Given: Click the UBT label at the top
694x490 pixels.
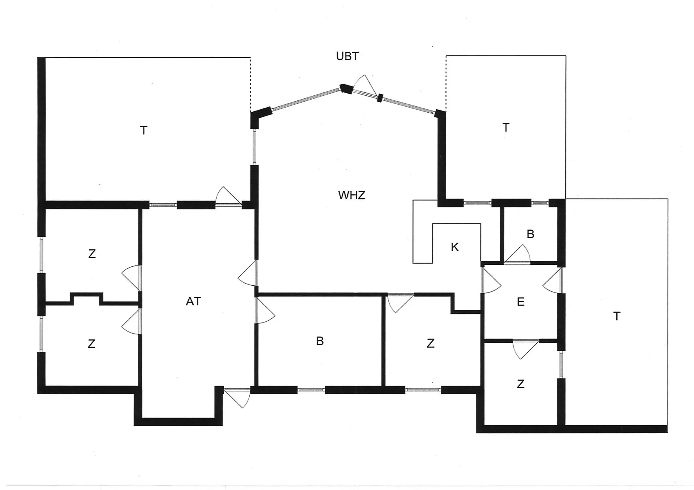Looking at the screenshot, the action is pyautogui.click(x=347, y=56).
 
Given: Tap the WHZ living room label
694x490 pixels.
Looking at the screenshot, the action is pyautogui.click(x=352, y=195).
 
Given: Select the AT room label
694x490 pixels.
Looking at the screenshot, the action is pyautogui.click(x=193, y=301).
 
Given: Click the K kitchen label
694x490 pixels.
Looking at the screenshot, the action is pyautogui.click(x=455, y=247).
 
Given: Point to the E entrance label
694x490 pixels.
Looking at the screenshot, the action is pyautogui.click(x=520, y=302).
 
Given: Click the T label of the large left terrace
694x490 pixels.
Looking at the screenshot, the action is pyautogui.click(x=143, y=130).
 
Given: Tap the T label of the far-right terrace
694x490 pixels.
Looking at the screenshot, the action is pyautogui.click(x=617, y=316).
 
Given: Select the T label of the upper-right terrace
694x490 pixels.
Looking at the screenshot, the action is pyautogui.click(x=506, y=127).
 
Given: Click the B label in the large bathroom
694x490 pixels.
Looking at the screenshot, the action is pyautogui.click(x=320, y=341).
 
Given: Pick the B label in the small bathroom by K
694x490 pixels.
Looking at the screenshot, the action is pyautogui.click(x=530, y=234).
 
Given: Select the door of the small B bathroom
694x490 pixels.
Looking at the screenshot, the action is pyautogui.click(x=518, y=254).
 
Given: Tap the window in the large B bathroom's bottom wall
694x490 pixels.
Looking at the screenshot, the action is pyautogui.click(x=311, y=390).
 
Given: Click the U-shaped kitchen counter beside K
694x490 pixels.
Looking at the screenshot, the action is pyautogui.click(x=447, y=231).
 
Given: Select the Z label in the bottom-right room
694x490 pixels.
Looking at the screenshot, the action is pyautogui.click(x=520, y=384).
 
